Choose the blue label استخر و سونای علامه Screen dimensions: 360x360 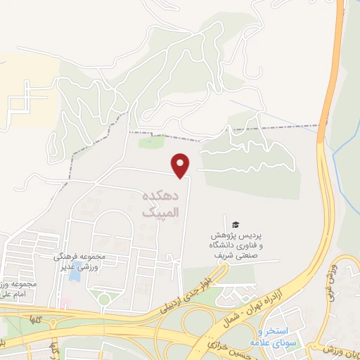pyautogui.click(x=278, y=337)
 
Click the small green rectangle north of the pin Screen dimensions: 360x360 pyautogui.click(x=150, y=143)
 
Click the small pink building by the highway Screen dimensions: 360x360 pyautogui.click(x=65, y=303)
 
